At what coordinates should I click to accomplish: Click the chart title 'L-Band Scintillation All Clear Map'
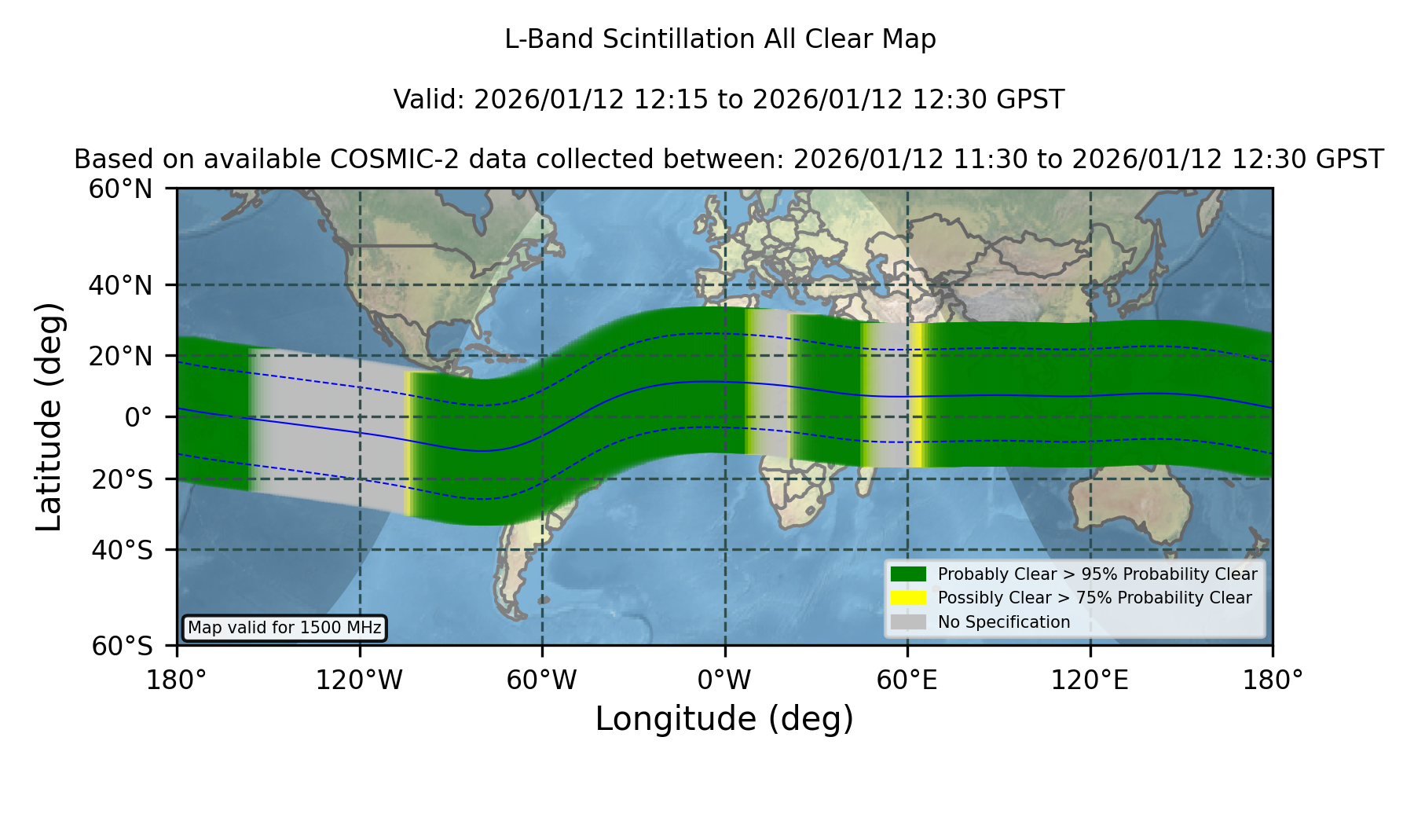720,38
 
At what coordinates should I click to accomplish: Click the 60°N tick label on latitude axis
120,189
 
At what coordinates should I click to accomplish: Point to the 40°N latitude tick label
120,285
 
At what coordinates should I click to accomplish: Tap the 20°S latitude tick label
122,479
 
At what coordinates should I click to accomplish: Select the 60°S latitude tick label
122,646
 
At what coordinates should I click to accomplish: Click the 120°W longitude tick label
359,680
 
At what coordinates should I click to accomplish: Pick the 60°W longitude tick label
541,680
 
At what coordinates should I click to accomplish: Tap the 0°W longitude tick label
724,680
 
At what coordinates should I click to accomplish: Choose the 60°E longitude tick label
907,680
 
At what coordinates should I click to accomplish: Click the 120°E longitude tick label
1090,680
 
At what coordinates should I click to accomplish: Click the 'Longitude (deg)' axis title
724,719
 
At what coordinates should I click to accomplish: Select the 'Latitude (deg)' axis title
49,416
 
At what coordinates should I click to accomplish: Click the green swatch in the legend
908,574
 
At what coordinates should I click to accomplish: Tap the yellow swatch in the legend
908,597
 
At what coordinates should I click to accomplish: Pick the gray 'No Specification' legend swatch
908,621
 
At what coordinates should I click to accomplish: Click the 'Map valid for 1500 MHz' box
284,628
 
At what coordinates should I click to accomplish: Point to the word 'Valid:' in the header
430,100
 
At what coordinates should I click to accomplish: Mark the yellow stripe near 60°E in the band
916,394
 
